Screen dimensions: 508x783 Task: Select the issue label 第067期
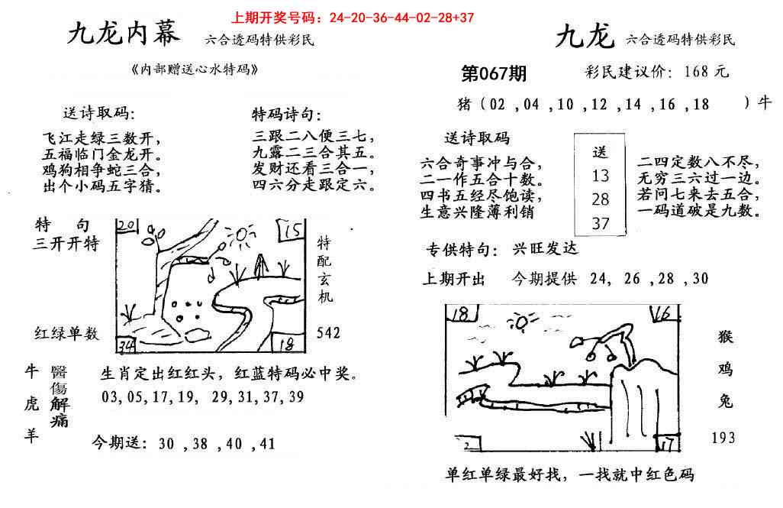495,74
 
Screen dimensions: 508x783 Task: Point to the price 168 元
707,72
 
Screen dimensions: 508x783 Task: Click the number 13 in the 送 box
600,176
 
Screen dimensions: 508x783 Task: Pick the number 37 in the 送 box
600,223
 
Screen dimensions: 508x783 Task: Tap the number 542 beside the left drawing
329,333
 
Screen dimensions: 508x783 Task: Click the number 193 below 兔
723,437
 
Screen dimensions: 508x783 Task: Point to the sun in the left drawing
242,238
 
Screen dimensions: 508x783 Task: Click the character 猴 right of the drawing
724,337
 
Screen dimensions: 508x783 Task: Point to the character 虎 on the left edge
32,406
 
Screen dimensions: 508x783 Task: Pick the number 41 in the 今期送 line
266,443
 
